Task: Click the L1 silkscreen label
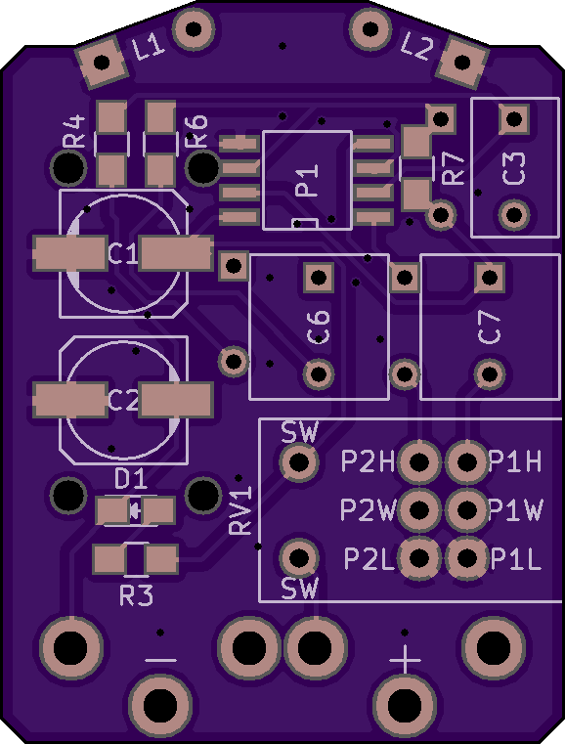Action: click(149, 48)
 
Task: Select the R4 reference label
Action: click(74, 131)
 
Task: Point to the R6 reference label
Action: click(196, 131)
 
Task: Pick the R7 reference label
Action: click(453, 168)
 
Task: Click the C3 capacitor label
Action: click(514, 168)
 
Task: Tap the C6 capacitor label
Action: click(318, 327)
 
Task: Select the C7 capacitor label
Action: click(489, 327)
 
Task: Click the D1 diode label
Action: click(130, 480)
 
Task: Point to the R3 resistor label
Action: click(136, 596)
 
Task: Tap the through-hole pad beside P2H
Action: click(419, 461)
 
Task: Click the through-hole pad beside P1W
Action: click(467, 509)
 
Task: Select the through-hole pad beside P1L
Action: click(467, 558)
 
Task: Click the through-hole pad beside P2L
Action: click(419, 558)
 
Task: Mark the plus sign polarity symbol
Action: click(405, 660)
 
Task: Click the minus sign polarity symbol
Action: click(161, 660)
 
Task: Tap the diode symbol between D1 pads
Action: click(136, 510)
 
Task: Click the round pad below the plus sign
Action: click(405, 705)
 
